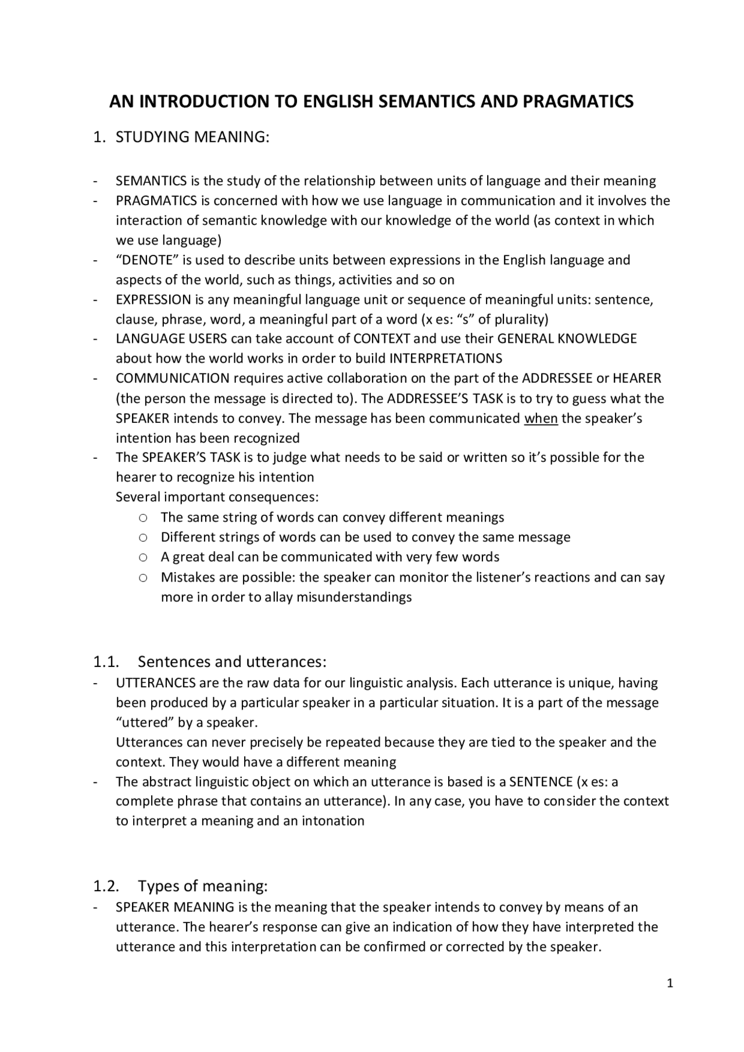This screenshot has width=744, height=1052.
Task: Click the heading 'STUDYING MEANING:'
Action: point(192,137)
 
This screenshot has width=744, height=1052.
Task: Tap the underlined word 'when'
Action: point(541,418)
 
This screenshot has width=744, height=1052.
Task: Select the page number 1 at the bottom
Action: point(670,983)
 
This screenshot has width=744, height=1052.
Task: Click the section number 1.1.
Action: point(106,662)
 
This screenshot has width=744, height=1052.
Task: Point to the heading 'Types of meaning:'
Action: point(202,886)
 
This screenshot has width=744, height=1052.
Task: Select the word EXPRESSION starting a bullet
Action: point(153,300)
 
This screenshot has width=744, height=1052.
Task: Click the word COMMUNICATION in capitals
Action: point(173,378)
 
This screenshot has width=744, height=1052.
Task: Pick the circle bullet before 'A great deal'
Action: point(143,557)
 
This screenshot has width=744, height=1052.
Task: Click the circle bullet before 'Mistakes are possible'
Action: point(143,577)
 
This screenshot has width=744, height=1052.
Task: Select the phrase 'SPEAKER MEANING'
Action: point(174,907)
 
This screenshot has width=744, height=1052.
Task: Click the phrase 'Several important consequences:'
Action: point(217,497)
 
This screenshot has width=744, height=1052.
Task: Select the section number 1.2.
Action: point(106,886)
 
